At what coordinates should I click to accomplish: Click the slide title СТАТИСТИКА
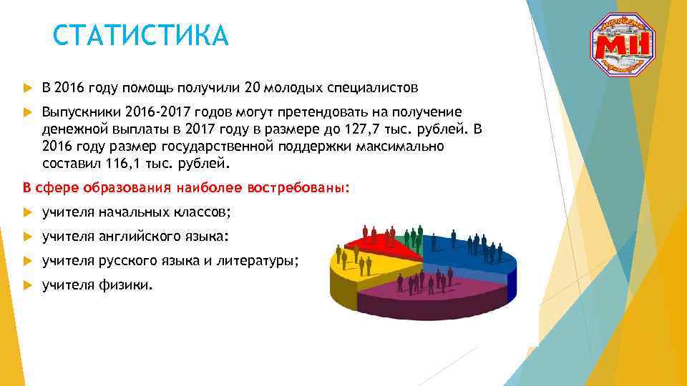click(141, 35)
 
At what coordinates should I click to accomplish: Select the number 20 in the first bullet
click(252, 88)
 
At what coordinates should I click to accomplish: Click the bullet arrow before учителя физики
click(28, 285)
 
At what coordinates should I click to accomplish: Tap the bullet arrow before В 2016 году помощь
click(28, 89)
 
